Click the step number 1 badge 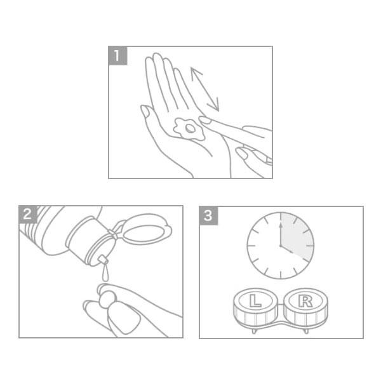click(x=117, y=56)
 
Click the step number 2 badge click(x=27, y=214)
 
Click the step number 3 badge click(x=208, y=215)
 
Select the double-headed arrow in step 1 click(x=205, y=89)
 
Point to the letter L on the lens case click(x=255, y=301)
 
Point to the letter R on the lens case click(x=305, y=301)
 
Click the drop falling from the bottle click(x=105, y=273)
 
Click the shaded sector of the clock click(x=298, y=236)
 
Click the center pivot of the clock click(x=281, y=246)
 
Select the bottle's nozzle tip click(x=103, y=260)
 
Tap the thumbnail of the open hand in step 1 click(x=145, y=112)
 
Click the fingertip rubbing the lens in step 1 click(x=204, y=120)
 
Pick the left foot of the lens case click(x=254, y=331)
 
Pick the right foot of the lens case click(x=307, y=331)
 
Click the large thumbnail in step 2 click(x=124, y=319)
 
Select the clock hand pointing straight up click(x=281, y=234)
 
